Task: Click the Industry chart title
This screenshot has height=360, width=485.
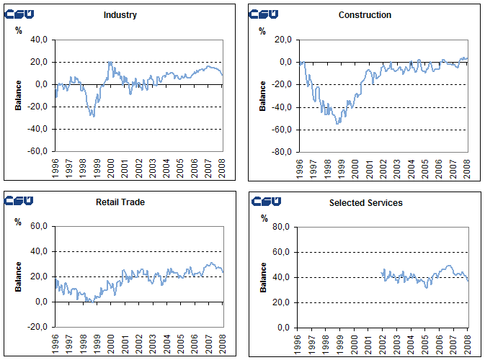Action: [120, 15]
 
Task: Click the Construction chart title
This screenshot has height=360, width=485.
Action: [365, 15]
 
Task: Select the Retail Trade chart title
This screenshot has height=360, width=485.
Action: [120, 202]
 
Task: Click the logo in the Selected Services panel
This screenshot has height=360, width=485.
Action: [265, 201]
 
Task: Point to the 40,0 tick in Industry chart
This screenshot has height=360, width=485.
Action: [38, 40]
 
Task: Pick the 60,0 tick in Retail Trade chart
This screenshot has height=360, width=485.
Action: [38, 227]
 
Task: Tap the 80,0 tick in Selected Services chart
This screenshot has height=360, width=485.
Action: [282, 227]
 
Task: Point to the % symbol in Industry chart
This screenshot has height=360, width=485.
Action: [18, 30]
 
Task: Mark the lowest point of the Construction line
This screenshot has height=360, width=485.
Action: [337, 124]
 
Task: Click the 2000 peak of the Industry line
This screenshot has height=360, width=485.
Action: [110, 62]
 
